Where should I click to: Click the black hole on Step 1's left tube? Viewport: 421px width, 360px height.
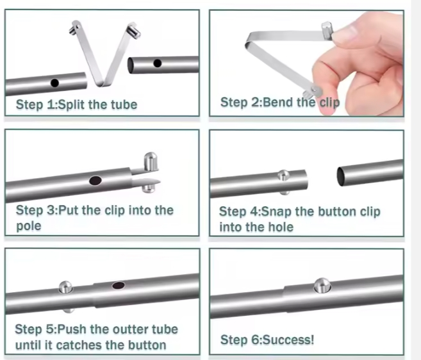[54, 83]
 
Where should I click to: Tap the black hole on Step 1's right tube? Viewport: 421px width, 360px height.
[157, 63]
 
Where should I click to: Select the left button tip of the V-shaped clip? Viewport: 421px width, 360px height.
[74, 27]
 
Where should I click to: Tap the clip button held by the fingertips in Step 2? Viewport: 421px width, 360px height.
[327, 29]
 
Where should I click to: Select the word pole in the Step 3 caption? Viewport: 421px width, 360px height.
[28, 226]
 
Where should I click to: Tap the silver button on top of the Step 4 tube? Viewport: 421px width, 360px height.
[283, 175]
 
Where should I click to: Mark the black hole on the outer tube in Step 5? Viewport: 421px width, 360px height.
[119, 285]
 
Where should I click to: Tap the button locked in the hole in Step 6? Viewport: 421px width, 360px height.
[321, 285]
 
